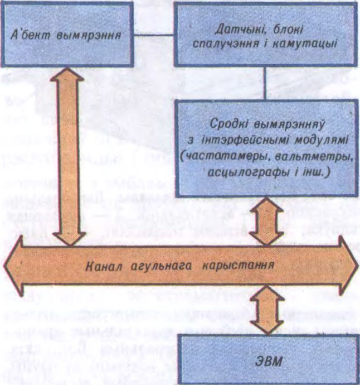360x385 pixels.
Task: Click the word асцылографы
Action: (x=240, y=172)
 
